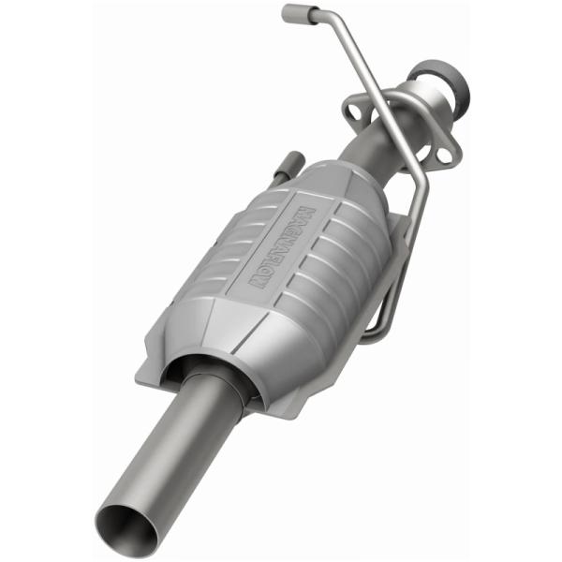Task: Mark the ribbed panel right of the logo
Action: pos(333,258)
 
